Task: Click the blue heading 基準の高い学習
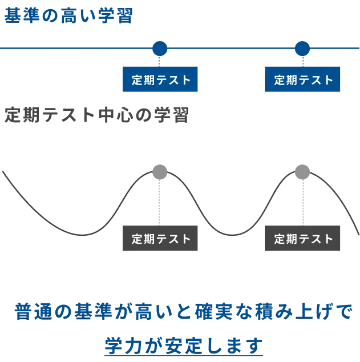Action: pyautogui.click(x=68, y=16)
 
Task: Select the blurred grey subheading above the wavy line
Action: pyautogui.click(x=98, y=114)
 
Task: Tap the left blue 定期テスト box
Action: pyautogui.click(x=161, y=80)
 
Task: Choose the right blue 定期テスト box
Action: pyautogui.click(x=303, y=80)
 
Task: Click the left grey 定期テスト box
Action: pyautogui.click(x=161, y=238)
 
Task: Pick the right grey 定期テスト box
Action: pyautogui.click(x=303, y=238)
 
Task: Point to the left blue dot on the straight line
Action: pyautogui.click(x=160, y=49)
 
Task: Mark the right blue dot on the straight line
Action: pyautogui.click(x=302, y=49)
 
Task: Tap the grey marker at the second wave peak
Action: pyautogui.click(x=301, y=171)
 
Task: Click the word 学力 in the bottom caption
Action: pyautogui.click(x=123, y=345)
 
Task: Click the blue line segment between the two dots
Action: pyautogui.click(x=230, y=49)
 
